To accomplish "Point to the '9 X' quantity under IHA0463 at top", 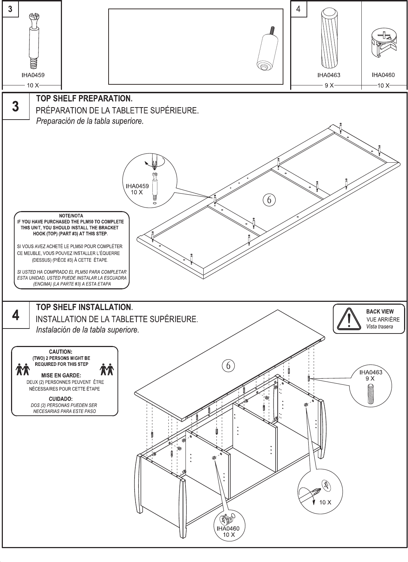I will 329,85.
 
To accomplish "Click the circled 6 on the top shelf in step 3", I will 269,200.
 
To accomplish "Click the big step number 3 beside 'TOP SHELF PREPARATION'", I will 15,106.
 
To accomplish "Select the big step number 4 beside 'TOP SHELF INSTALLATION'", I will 15,315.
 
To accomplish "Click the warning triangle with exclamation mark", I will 349,318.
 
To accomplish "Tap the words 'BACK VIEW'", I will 380,311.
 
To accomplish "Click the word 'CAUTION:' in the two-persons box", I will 61,352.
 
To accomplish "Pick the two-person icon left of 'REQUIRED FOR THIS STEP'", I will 22,369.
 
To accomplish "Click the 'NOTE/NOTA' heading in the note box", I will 71,216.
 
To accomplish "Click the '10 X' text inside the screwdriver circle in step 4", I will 325,502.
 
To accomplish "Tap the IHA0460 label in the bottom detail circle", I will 228,528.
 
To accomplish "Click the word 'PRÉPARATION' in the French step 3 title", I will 62,110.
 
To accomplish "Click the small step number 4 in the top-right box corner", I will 298,9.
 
